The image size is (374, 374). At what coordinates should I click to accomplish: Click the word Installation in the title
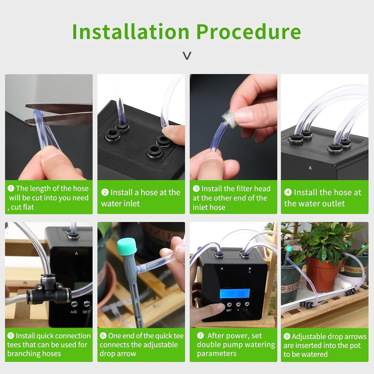tap(131, 32)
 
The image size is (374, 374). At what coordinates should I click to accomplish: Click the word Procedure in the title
tap(248, 32)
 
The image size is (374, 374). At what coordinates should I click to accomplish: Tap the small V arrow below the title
tap(187, 56)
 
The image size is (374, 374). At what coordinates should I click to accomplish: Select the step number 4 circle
tap(288, 192)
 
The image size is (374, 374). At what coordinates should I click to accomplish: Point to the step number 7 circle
tap(200, 336)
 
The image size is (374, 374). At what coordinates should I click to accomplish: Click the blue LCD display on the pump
tap(235, 293)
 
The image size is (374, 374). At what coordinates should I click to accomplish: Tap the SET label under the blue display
tap(229, 310)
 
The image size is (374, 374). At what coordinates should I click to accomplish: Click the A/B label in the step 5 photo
tap(74, 312)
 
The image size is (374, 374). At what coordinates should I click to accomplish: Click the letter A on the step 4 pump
tap(310, 168)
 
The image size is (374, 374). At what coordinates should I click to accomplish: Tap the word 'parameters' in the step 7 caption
tap(217, 354)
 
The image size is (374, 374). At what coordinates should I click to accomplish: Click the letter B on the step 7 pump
tap(250, 269)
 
